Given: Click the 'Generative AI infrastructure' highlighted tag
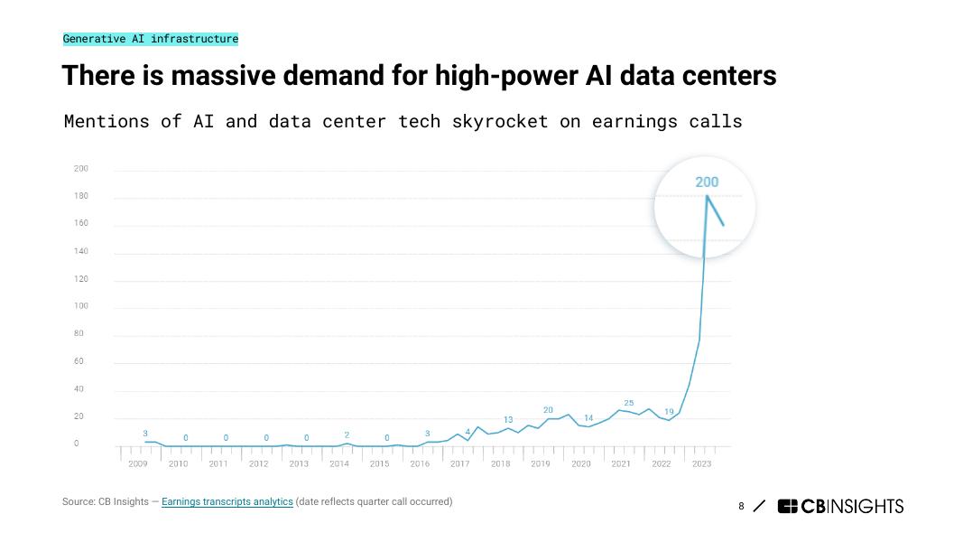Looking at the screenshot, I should click(x=151, y=39).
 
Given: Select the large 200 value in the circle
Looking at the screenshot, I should click(x=707, y=182).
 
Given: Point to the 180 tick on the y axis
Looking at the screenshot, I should click(x=81, y=196).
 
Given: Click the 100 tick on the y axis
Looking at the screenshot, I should click(x=81, y=306).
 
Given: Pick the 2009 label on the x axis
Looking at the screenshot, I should click(x=138, y=463).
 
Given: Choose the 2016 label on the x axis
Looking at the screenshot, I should click(x=420, y=463).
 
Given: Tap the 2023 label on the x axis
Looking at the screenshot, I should click(x=701, y=463).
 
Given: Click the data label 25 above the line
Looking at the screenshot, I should click(x=629, y=403).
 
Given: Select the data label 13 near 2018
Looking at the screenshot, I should click(x=508, y=420).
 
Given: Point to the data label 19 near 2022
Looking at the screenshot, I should click(x=669, y=412).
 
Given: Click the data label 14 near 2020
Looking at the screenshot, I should click(x=588, y=418).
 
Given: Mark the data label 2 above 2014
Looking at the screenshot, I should click(x=347, y=435).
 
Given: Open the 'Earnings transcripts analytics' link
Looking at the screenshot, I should click(x=227, y=501).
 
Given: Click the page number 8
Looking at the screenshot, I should click(x=741, y=506).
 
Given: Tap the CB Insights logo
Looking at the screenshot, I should click(x=840, y=506).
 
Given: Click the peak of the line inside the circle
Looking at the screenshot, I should click(x=707, y=196).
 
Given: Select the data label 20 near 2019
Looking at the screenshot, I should click(x=548, y=410).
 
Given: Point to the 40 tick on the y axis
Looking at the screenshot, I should click(x=79, y=388).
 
